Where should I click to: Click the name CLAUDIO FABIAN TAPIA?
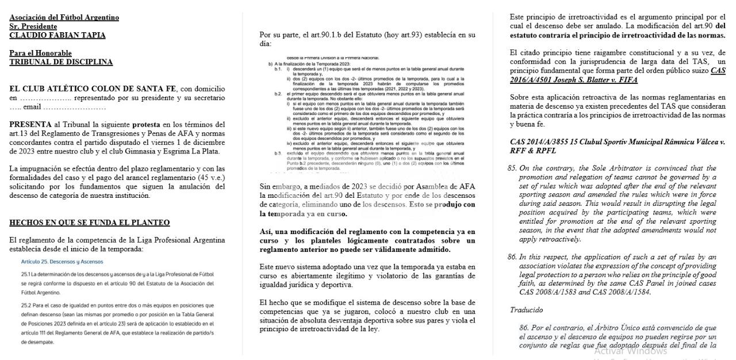pyautogui.click(x=57, y=35)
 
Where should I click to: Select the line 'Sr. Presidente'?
pyautogui.click(x=33, y=26)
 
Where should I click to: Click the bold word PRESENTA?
pyautogui.click(x=30, y=124)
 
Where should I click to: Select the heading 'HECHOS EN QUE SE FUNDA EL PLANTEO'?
pyautogui.click(x=89, y=223)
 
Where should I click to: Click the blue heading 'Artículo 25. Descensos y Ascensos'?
pyautogui.click(x=62, y=262)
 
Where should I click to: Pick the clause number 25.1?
pyautogui.click(x=25, y=274)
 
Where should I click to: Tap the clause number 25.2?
pyautogui.click(x=25, y=305)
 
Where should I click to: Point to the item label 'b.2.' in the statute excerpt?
pyautogui.click(x=278, y=94)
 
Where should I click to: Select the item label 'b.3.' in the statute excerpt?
pyautogui.click(x=278, y=153)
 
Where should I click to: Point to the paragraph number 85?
pyautogui.click(x=512, y=168)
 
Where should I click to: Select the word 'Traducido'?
pyautogui.click(x=526, y=310)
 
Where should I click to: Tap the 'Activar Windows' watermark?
pyautogui.click(x=630, y=351)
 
